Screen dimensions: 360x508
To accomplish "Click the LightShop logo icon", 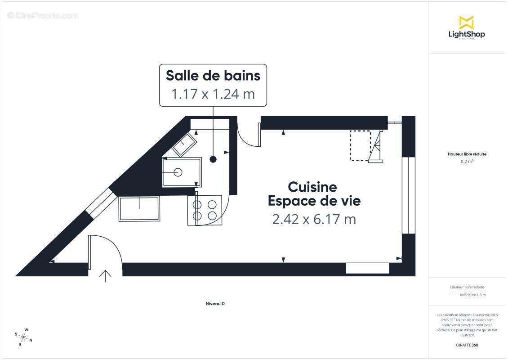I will coord(466,22).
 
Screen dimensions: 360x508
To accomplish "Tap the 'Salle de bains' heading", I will coord(213,75).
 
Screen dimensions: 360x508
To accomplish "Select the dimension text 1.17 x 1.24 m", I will coord(213,94).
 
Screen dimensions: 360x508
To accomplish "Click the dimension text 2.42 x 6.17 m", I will coord(314,219).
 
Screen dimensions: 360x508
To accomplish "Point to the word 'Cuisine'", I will coord(312,187).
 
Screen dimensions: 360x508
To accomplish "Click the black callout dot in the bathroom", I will coord(213,159).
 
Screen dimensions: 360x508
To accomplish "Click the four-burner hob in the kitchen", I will coord(205,210).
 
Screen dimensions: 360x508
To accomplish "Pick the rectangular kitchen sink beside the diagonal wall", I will coord(139,209).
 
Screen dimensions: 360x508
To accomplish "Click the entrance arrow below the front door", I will coord(105,276).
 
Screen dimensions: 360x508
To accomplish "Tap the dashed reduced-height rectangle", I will coord(360,145).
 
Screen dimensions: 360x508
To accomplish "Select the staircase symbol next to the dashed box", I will coord(377,146).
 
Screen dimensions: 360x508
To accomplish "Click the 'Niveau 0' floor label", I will coord(215,304).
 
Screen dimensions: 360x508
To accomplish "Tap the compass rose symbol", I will coord(23,337).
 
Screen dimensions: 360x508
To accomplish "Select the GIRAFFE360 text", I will coord(467,345).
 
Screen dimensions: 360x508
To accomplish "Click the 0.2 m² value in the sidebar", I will coord(467,161).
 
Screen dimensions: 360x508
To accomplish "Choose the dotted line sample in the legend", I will coord(453,295).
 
